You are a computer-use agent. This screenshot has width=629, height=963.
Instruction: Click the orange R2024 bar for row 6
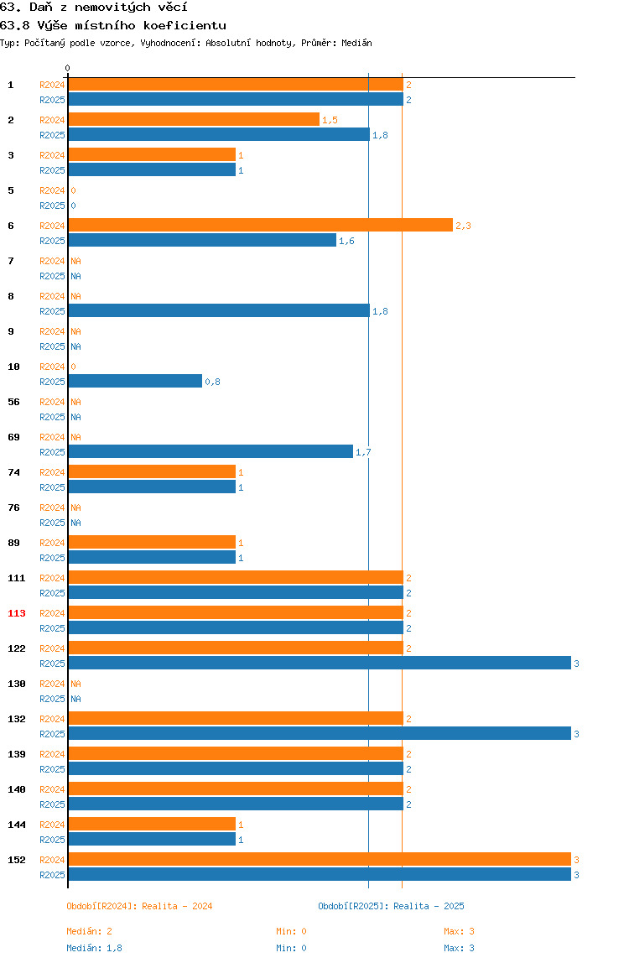pyautogui.click(x=261, y=226)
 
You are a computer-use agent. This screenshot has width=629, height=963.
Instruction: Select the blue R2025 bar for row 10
pyautogui.click(x=135, y=382)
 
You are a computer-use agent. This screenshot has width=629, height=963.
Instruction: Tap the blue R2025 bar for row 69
pyautogui.click(x=211, y=451)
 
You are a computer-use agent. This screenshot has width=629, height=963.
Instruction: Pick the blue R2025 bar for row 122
pyautogui.click(x=320, y=663)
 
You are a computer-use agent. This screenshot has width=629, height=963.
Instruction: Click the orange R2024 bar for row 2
pyautogui.click(x=194, y=120)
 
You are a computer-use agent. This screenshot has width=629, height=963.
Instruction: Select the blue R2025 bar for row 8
pyautogui.click(x=219, y=310)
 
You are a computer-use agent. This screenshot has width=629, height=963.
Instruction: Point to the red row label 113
pyautogui.click(x=17, y=613)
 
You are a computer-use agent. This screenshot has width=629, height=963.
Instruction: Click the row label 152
pyautogui.click(x=17, y=860)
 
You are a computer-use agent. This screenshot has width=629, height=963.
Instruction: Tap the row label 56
pyautogui.click(x=13, y=402)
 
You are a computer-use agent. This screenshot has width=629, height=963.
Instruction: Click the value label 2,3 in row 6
pyautogui.click(x=463, y=226)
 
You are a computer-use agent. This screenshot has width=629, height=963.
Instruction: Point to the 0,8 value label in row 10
pyautogui.click(x=212, y=382)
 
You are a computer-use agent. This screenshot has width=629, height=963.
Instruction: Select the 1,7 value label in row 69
pyautogui.click(x=363, y=453)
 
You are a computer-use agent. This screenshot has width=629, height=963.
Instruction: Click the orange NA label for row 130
pyautogui.click(x=75, y=684)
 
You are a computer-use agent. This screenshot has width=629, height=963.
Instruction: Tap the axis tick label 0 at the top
pyautogui.click(x=68, y=68)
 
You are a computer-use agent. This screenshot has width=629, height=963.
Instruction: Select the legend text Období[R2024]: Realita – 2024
pyautogui.click(x=139, y=906)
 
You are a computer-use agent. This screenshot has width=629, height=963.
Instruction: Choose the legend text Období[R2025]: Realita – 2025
pyautogui.click(x=392, y=906)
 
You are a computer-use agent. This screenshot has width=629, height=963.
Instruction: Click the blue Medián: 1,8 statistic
pyautogui.click(x=94, y=948)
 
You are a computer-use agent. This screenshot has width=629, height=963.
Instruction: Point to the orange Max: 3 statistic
pyautogui.click(x=459, y=931)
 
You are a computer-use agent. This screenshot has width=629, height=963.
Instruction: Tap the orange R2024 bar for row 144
pyautogui.click(x=153, y=825)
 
